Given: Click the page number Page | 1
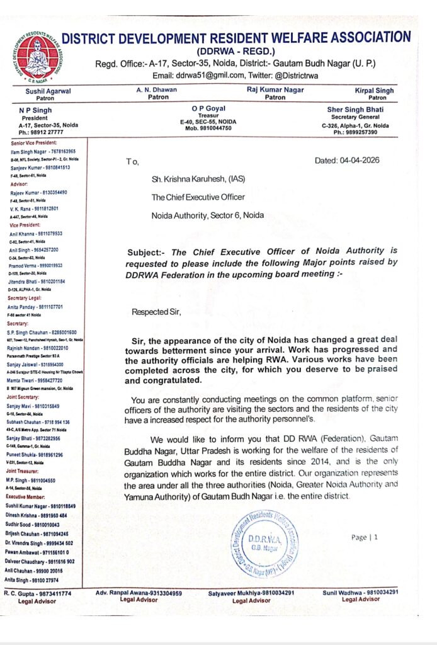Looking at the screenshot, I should point(365,537).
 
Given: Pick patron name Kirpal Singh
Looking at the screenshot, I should point(376,91).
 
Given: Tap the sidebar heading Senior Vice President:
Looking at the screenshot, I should point(37,145).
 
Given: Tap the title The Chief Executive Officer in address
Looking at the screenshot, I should point(198,197).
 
